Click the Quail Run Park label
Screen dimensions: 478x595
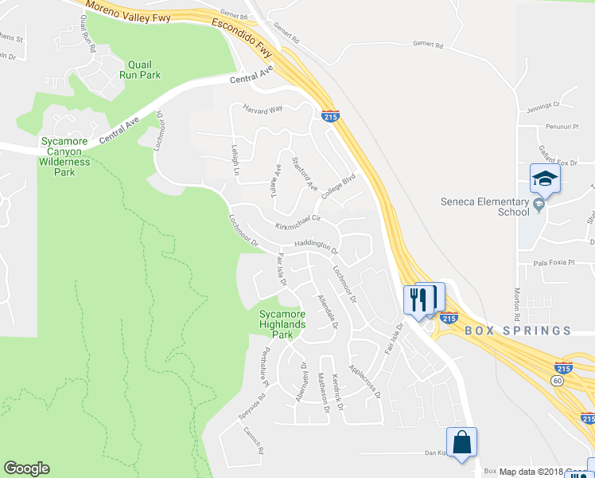[x=140, y=69]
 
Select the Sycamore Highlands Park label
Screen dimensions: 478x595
[x=282, y=324]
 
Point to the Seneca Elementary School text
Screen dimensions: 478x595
[x=485, y=206]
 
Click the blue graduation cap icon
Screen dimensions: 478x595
[x=545, y=178]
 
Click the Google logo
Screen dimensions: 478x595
[x=26, y=468]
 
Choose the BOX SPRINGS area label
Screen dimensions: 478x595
[x=517, y=330]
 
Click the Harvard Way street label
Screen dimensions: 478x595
[x=263, y=108]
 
